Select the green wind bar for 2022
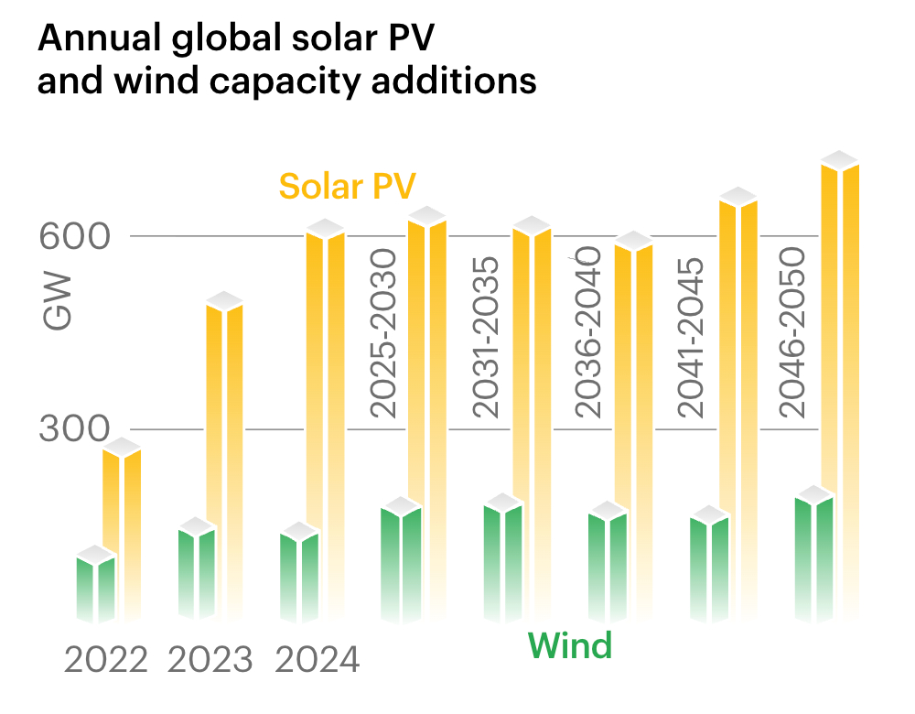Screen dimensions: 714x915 [x=95, y=586]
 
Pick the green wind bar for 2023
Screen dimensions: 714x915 [x=197, y=572]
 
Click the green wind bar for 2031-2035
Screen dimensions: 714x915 [x=502, y=558]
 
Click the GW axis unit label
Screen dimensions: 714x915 [x=57, y=312]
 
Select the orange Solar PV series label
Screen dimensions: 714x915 [x=348, y=186]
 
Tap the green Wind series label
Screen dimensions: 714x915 [x=569, y=646]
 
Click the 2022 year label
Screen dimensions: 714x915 [x=105, y=660]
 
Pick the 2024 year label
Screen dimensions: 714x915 [x=317, y=660]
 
